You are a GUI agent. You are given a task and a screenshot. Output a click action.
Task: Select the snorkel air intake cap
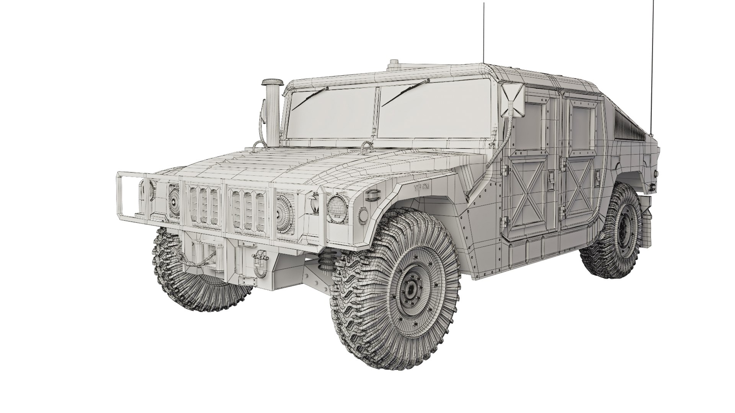click(272, 83)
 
